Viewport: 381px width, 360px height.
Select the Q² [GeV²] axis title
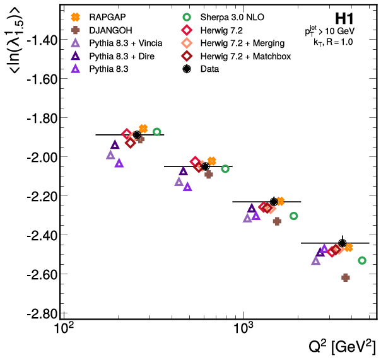340,345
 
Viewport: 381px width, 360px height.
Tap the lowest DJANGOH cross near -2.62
346,277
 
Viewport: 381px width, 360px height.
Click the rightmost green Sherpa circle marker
362,260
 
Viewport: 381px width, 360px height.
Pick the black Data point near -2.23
274,202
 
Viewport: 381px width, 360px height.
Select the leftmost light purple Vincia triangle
111,155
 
